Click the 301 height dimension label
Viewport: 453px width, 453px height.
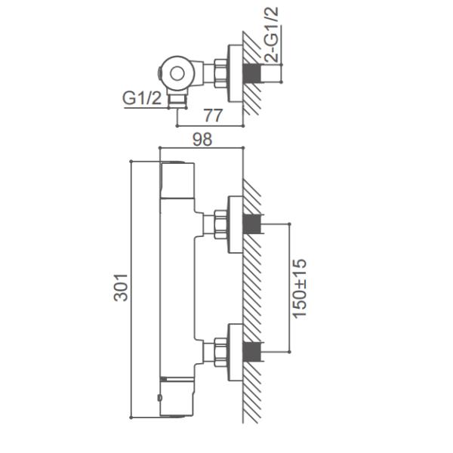click(121, 288)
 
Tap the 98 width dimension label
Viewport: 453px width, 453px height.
click(202, 140)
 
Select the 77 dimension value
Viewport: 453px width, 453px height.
click(214, 116)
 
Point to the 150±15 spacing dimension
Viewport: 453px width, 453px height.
click(299, 288)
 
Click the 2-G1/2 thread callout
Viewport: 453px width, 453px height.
click(272, 35)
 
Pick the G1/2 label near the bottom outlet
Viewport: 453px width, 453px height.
click(142, 98)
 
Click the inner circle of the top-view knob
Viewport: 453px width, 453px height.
click(177, 73)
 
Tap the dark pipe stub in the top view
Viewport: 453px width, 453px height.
click(252, 73)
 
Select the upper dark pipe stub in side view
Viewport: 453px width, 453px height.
click(252, 224)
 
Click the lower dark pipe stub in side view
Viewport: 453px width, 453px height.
click(252, 353)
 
